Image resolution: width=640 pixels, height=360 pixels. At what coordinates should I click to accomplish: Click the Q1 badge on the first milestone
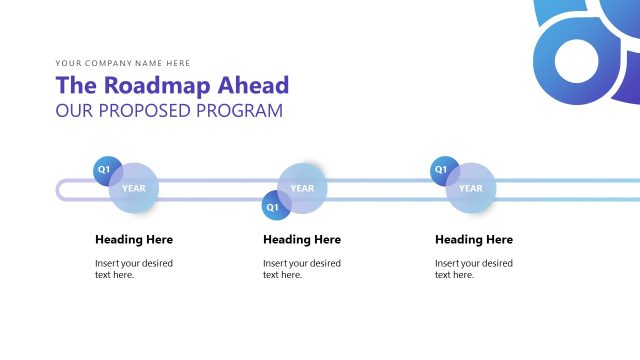[x=104, y=170]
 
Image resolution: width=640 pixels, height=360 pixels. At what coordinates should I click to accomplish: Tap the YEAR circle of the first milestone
[x=134, y=188]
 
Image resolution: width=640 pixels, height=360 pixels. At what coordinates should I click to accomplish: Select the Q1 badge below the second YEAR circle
[x=272, y=207]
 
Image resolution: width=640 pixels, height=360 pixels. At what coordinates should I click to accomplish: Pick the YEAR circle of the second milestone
[x=302, y=188]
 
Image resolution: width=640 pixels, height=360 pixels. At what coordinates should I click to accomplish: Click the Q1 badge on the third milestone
[x=441, y=170]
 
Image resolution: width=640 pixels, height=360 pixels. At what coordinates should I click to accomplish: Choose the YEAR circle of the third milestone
[x=471, y=188]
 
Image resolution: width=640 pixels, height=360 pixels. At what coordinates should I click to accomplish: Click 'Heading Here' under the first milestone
[x=134, y=240]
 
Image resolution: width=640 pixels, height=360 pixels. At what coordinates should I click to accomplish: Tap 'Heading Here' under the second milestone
[x=302, y=240]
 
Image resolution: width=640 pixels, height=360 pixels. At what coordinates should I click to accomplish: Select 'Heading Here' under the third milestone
[x=474, y=240]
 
